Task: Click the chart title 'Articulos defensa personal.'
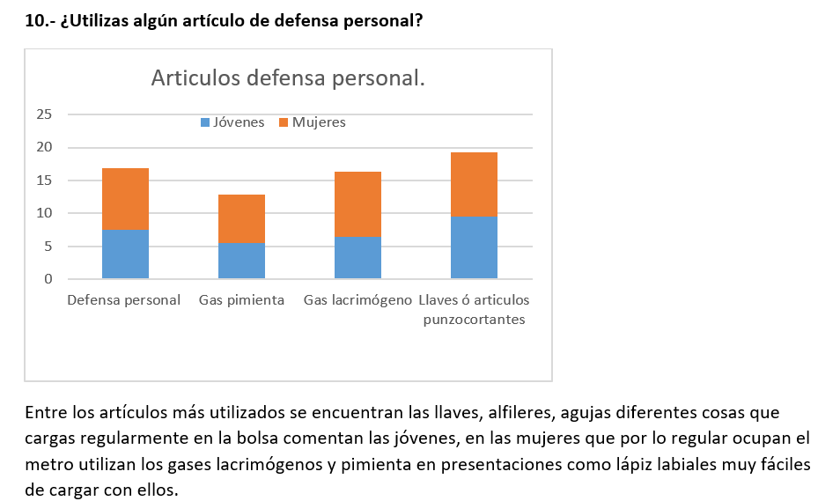coord(288,78)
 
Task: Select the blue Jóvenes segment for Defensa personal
coord(125,254)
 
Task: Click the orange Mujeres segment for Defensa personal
coord(125,199)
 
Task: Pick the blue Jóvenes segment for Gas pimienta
coord(241,261)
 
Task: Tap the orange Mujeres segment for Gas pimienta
coord(241,218)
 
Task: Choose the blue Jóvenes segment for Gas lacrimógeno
coord(357,258)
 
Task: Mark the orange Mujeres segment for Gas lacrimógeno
coord(357,204)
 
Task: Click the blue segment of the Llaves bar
coord(474,247)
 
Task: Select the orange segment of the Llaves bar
coord(474,184)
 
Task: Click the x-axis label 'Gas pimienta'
coord(241,300)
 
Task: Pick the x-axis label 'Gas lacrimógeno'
coord(357,300)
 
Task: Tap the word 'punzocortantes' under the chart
coord(474,320)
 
